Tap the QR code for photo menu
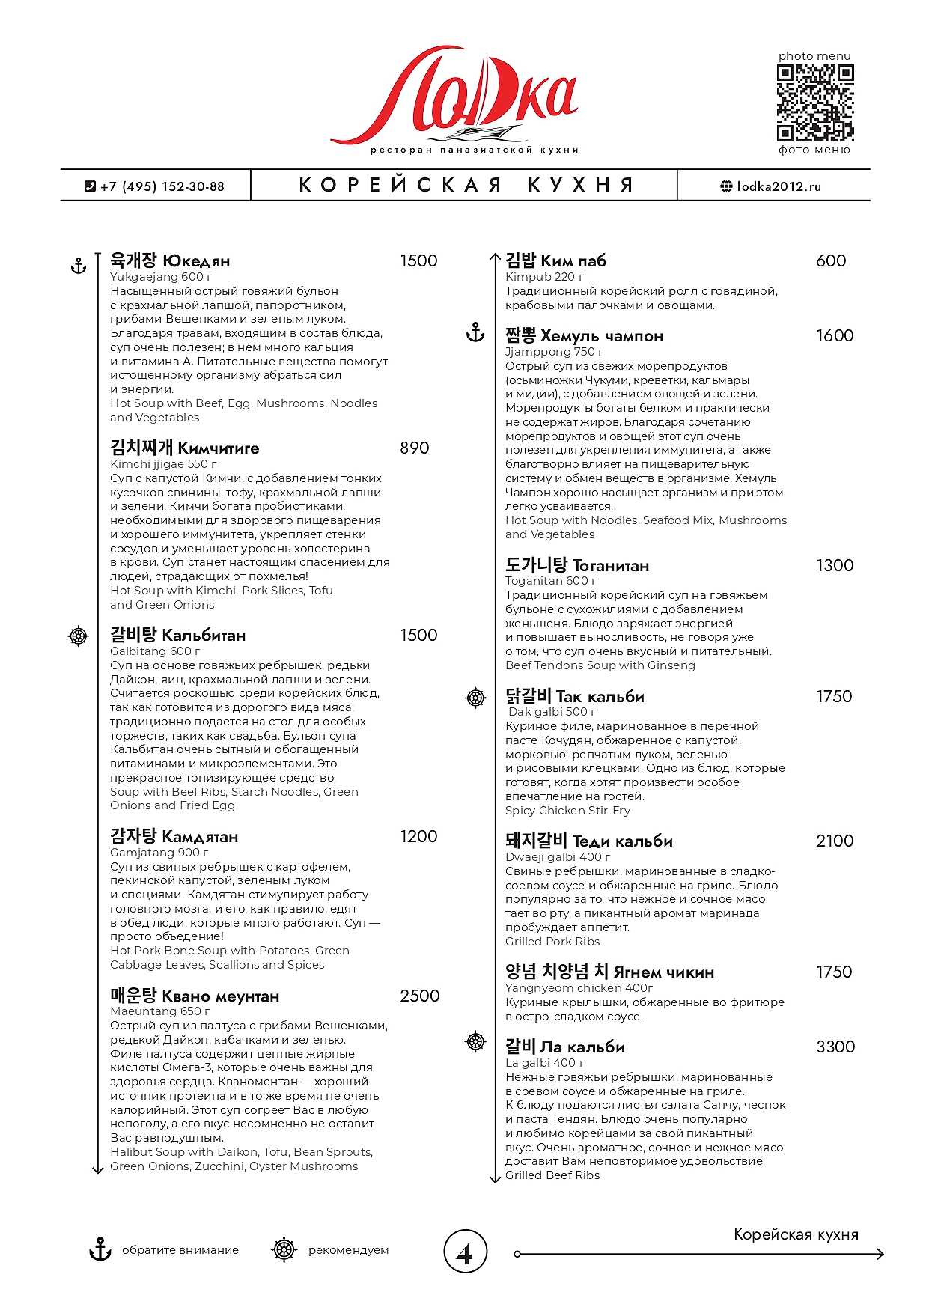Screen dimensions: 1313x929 814,103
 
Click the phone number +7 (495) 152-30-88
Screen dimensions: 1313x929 155,186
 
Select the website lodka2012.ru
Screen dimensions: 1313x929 771,186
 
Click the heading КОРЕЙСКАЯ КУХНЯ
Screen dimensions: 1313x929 466,186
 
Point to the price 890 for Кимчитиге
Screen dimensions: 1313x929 414,448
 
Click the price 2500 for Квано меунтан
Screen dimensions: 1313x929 419,996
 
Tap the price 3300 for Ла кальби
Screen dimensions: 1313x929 835,1047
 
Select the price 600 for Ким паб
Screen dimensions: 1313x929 831,261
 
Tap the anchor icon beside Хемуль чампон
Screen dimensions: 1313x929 475,333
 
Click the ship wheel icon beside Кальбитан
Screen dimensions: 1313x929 79,636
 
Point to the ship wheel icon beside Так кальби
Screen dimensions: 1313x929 475,698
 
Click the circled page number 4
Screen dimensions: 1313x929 465,1251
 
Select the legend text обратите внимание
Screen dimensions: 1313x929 180,1250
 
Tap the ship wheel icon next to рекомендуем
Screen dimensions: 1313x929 284,1250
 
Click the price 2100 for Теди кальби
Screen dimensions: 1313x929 834,841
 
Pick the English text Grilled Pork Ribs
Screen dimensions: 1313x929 552,942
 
